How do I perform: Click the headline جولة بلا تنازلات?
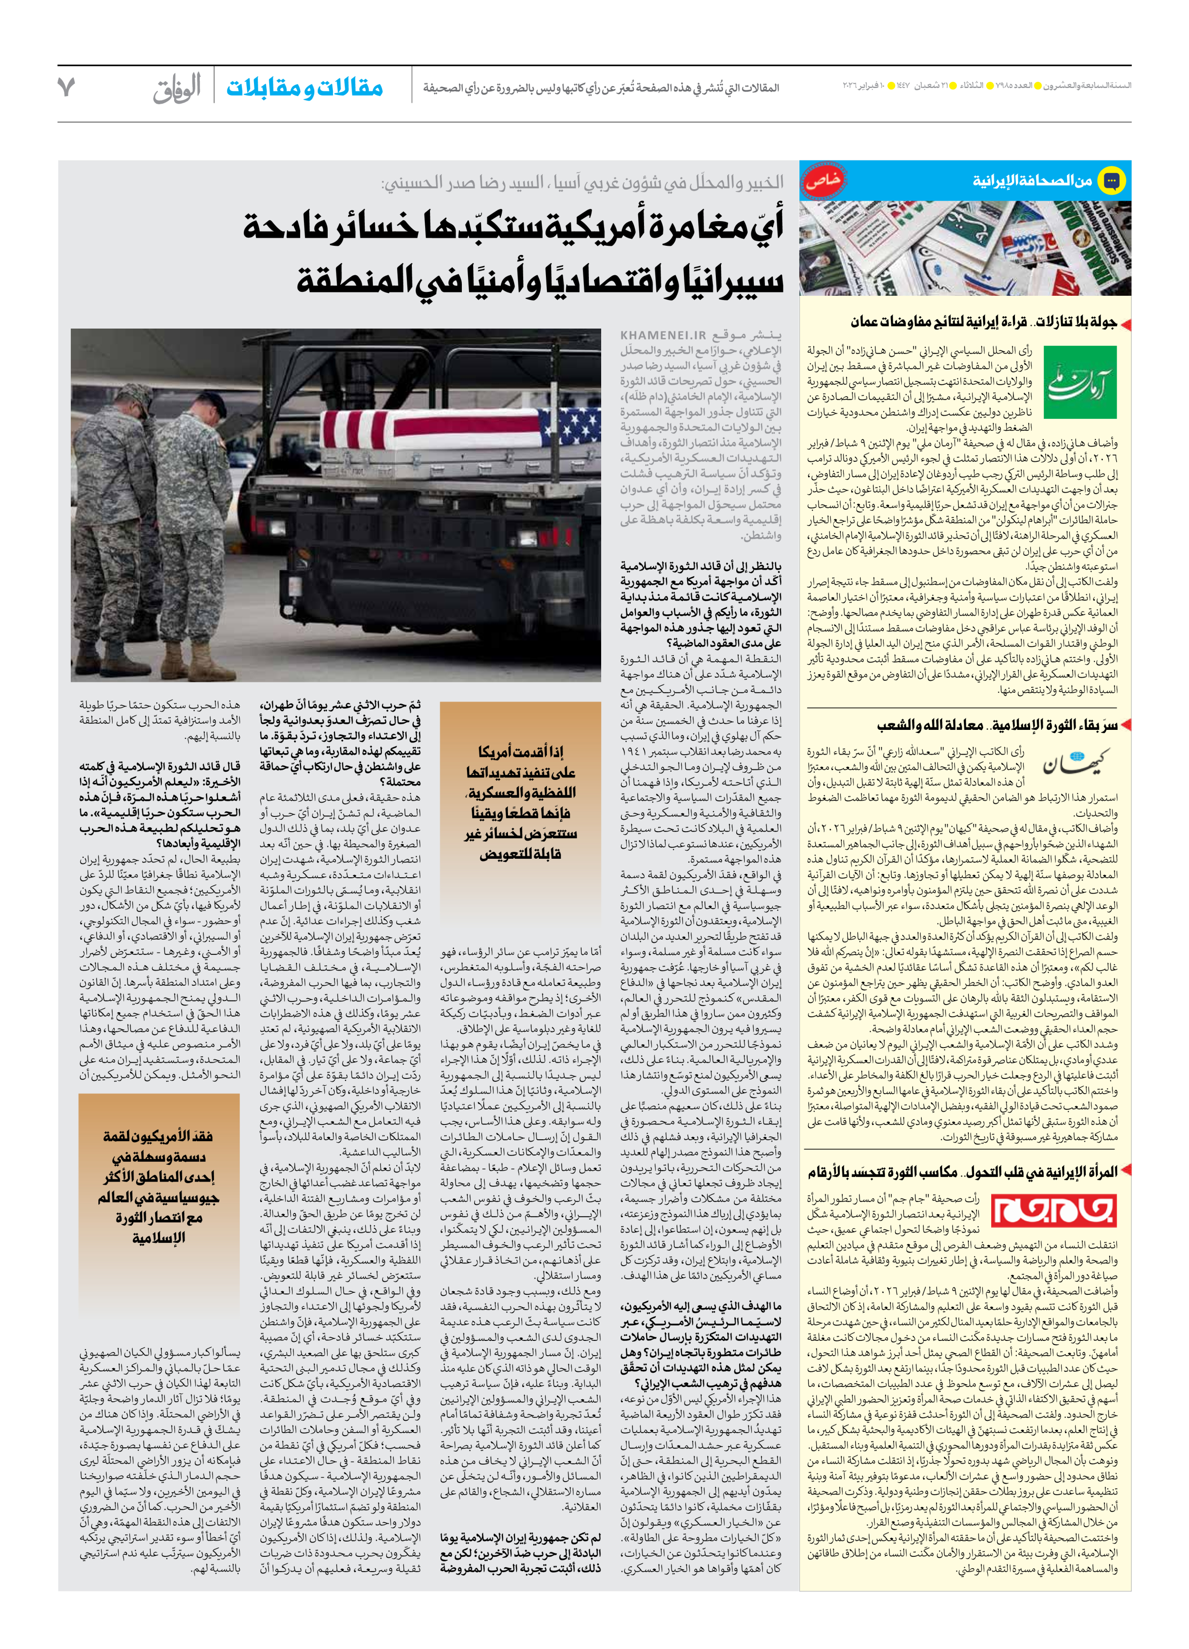1076,322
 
